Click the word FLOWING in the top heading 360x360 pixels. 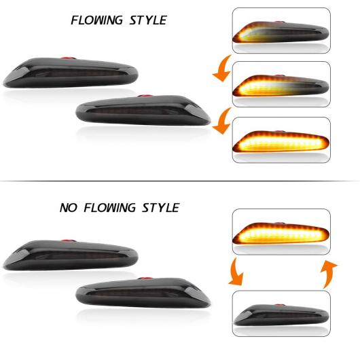pyautogui.click(x=96, y=20)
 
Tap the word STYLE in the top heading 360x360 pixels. pyautogui.click(x=148, y=20)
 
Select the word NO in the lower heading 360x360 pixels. pyautogui.click(x=68, y=208)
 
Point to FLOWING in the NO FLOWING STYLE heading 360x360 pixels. pyautogui.click(x=109, y=208)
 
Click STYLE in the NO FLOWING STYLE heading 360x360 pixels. pyautogui.click(x=161, y=208)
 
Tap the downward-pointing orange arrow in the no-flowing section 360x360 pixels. pyautogui.click(x=235, y=272)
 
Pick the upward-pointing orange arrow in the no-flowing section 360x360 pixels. pyautogui.click(x=327, y=274)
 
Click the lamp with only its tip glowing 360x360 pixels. pyautogui.click(x=281, y=32)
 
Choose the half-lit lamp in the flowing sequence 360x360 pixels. pyautogui.click(x=281, y=86)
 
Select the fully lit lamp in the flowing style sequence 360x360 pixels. pyautogui.click(x=281, y=141)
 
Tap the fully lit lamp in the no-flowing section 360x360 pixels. pyautogui.click(x=281, y=234)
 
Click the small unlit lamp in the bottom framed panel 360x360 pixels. pyautogui.click(x=281, y=314)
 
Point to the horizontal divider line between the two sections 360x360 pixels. pyautogui.click(x=180, y=181)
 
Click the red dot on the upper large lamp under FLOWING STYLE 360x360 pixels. pyautogui.click(x=68, y=58)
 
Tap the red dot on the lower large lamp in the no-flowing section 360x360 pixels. pyautogui.click(x=145, y=278)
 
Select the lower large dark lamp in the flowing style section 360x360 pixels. pyautogui.click(x=143, y=110)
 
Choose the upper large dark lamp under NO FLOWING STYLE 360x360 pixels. pyautogui.click(x=71, y=255)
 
